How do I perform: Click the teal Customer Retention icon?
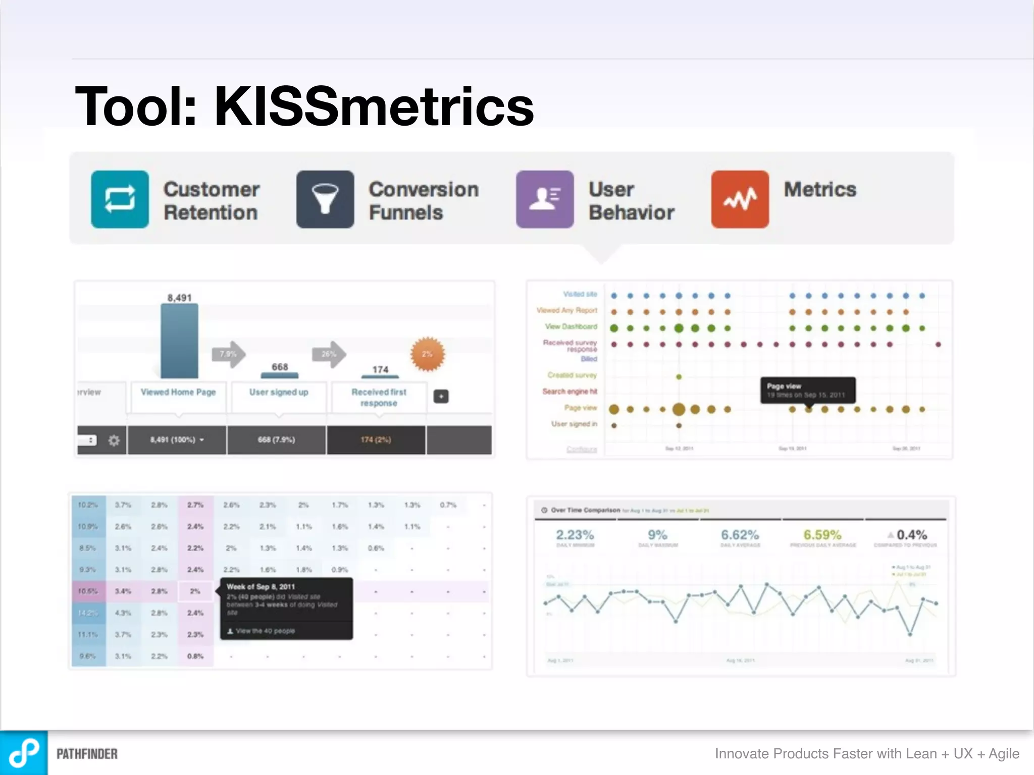click(x=120, y=199)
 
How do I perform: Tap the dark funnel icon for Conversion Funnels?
click(x=325, y=199)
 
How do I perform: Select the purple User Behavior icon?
click(x=544, y=199)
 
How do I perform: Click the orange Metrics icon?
click(x=740, y=199)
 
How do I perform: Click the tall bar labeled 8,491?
click(x=179, y=341)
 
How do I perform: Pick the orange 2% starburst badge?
click(x=427, y=354)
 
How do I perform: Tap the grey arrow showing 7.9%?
click(x=229, y=354)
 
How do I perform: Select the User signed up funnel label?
click(x=279, y=392)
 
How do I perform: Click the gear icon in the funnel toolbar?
click(x=114, y=440)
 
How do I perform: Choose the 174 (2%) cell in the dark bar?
click(x=376, y=440)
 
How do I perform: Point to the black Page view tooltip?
click(x=807, y=390)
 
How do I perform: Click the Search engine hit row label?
click(x=570, y=392)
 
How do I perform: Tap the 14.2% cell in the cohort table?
click(x=88, y=613)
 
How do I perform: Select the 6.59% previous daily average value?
click(x=822, y=535)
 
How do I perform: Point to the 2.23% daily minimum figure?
click(x=575, y=535)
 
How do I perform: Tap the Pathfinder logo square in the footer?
click(x=24, y=753)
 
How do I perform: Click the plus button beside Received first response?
click(x=441, y=397)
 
